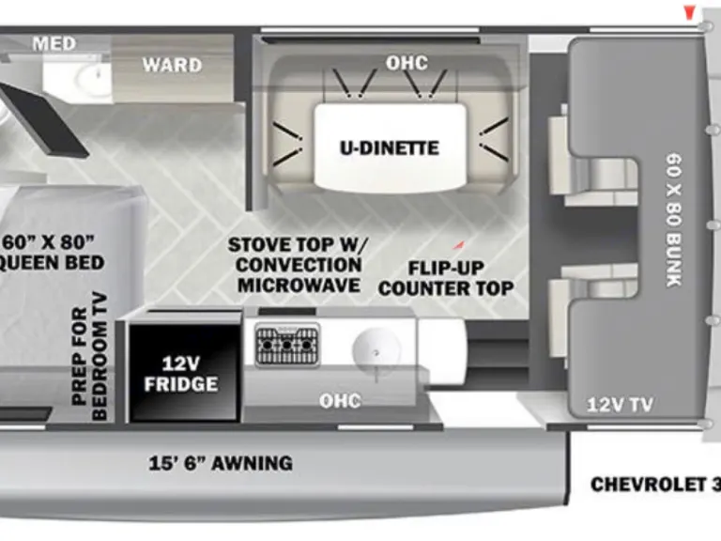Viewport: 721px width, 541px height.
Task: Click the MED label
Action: [x=54, y=43]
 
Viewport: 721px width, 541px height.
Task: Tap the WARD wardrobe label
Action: [x=171, y=65]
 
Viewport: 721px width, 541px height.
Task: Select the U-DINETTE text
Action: [x=390, y=147]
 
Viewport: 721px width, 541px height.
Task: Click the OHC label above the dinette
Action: [x=407, y=63]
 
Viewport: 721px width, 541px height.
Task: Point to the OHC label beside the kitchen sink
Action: [x=339, y=401]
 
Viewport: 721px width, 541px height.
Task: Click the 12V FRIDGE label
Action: [x=181, y=374]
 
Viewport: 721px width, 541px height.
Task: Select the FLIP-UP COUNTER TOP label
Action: [x=446, y=277]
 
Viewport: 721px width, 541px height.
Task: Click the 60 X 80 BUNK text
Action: [x=674, y=221]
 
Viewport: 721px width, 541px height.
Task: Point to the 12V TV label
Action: [x=620, y=405]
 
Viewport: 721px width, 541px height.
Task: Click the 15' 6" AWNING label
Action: [x=221, y=462]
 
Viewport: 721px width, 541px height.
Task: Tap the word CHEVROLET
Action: [x=648, y=485]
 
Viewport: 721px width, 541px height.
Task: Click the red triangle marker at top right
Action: [x=689, y=12]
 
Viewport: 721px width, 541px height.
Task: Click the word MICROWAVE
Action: [x=299, y=285]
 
